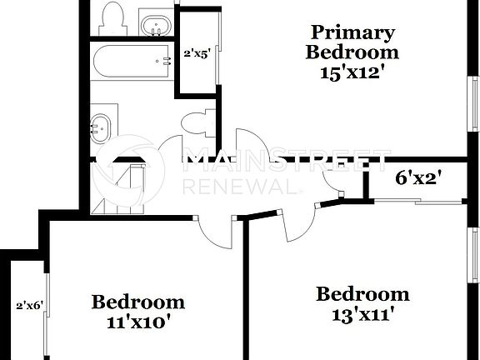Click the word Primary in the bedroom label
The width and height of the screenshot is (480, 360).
pyautogui.click(x=352, y=32)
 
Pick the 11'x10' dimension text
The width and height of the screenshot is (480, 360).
pyautogui.click(x=137, y=322)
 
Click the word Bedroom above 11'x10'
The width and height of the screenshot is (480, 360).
pyautogui.click(x=137, y=301)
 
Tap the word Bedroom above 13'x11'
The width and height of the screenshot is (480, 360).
pyautogui.click(x=362, y=294)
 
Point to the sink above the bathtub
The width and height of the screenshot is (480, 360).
pyautogui.click(x=154, y=25)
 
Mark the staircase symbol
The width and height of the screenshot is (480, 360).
pyautogui.click(x=125, y=188)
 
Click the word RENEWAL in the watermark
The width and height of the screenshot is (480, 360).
pyautogui.click(x=237, y=187)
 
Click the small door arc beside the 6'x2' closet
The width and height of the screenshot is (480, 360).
pyautogui.click(x=340, y=192)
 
